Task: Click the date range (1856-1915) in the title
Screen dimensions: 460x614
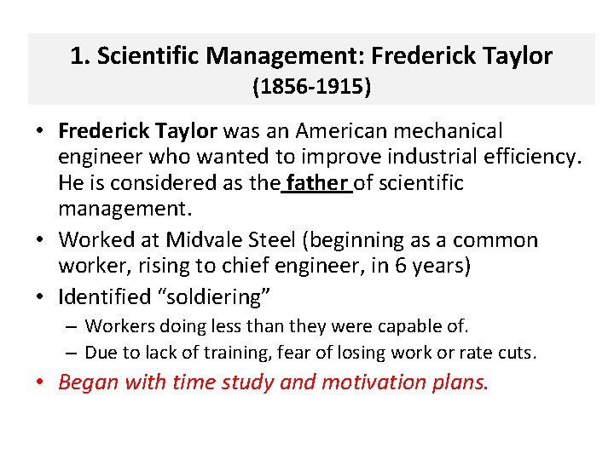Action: click(x=311, y=87)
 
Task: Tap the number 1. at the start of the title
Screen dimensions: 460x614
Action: click(x=80, y=57)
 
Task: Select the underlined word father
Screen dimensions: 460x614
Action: click(x=318, y=182)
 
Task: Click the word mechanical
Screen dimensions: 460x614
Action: click(x=453, y=131)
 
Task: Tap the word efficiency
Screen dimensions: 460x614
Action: click(x=527, y=157)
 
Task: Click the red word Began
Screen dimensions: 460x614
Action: click(x=89, y=382)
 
